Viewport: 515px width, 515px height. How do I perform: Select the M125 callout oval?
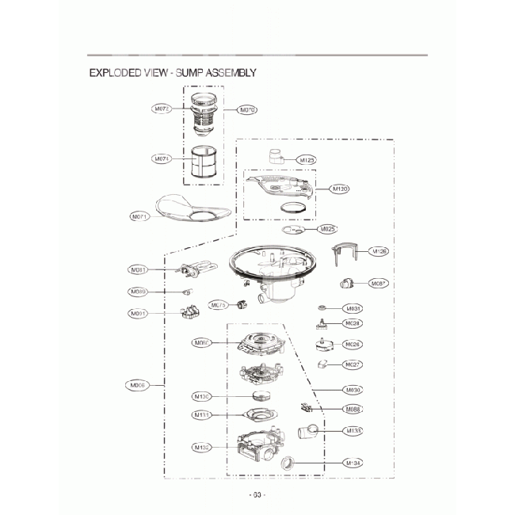(x=307, y=160)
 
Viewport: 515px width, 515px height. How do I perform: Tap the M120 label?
(x=340, y=189)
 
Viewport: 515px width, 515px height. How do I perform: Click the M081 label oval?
(x=139, y=270)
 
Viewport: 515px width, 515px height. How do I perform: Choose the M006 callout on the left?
(x=139, y=386)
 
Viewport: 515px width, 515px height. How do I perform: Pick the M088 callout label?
(x=354, y=410)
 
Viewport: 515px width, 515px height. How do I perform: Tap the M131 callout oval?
(x=202, y=415)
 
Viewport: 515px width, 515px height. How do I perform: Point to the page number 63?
(x=257, y=495)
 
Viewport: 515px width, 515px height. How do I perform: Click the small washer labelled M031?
(x=322, y=307)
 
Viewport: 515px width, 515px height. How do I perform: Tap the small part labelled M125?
(x=277, y=156)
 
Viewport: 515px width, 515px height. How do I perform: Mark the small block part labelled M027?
(x=322, y=364)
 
